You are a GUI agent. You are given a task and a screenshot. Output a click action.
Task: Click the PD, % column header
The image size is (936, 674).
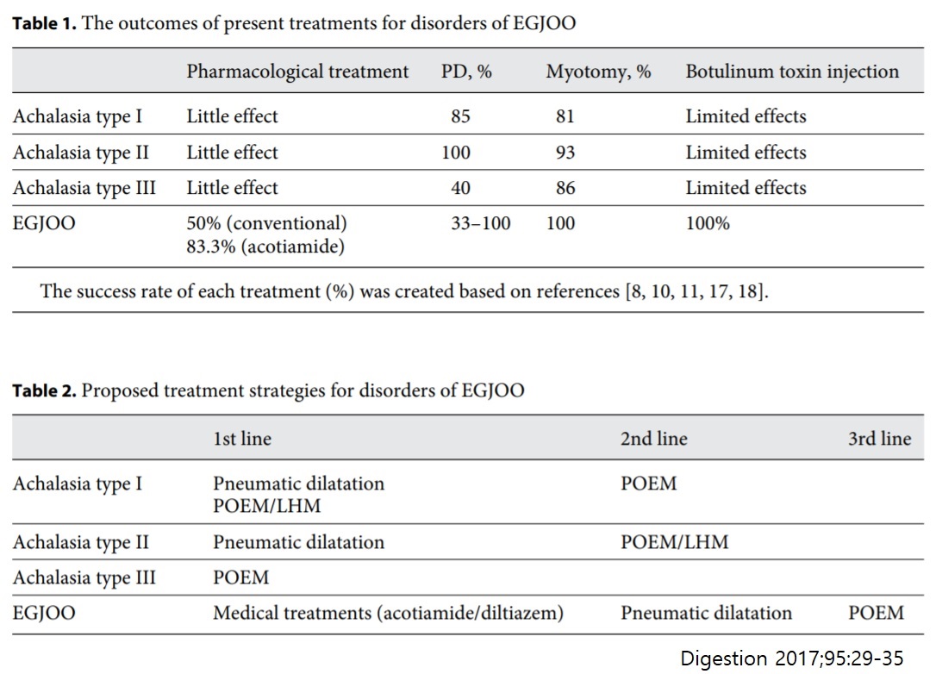pos(466,72)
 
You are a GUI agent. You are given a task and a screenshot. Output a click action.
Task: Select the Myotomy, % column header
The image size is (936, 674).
pos(598,72)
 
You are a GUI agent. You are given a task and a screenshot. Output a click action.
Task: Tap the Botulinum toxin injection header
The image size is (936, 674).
pos(792,72)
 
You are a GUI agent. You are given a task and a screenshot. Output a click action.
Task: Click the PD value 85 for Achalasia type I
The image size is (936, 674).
pos(460,115)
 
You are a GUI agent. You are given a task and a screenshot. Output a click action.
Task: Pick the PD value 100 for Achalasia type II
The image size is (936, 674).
pos(455,153)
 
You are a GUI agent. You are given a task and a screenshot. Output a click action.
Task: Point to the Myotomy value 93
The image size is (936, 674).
pos(565,153)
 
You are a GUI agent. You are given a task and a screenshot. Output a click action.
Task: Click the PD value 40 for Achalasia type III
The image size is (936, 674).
pos(460,188)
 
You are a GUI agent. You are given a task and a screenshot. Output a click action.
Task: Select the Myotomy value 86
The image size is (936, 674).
pos(565,188)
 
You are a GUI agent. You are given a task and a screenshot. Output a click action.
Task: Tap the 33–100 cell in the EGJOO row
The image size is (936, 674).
pos(481,223)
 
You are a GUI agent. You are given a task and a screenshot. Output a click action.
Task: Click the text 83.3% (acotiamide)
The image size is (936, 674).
pos(265,247)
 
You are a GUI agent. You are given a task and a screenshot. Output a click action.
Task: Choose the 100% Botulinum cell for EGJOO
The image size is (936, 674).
pos(708,223)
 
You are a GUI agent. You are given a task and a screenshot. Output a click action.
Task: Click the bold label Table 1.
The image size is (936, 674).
pos(44,23)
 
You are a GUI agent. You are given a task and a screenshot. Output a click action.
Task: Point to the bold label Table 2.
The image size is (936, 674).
pos(44,390)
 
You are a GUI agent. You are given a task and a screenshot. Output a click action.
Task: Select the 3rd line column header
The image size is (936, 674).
pos(879,439)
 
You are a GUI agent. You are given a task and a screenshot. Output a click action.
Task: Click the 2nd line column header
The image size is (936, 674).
pos(653,439)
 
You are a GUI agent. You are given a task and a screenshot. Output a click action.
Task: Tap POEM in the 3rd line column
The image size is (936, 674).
pos(876,613)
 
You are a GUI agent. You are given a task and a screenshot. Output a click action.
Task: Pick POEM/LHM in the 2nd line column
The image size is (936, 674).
pos(675,542)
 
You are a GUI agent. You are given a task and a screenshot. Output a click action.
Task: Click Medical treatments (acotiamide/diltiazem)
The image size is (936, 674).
pos(388,613)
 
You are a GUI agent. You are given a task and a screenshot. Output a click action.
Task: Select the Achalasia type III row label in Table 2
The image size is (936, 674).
pos(84,577)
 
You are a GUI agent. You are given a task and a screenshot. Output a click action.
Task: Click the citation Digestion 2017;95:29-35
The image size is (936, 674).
pos(791,658)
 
